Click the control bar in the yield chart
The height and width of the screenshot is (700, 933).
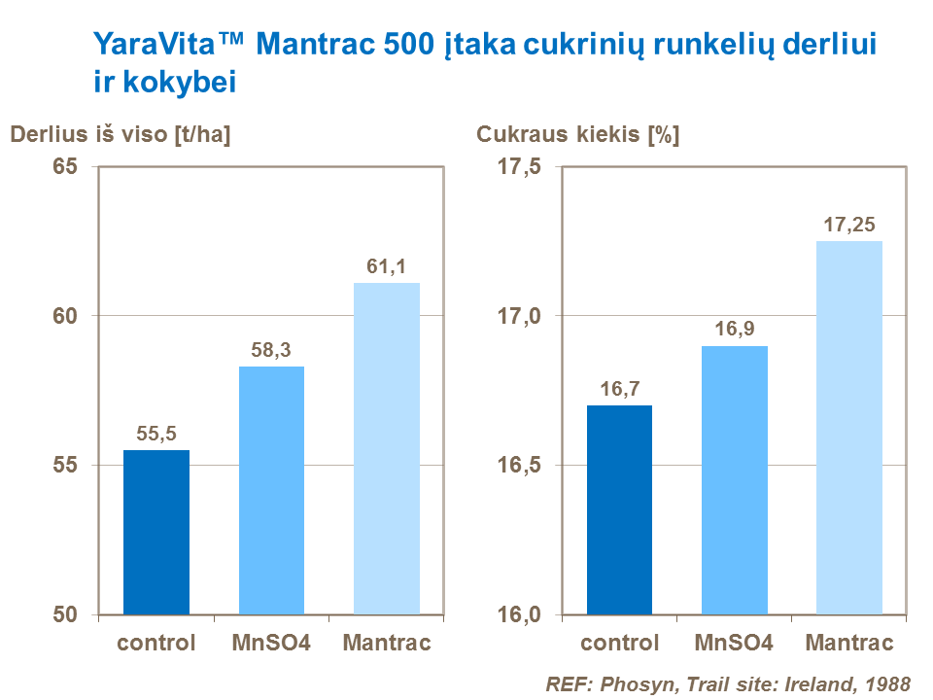coord(156,532)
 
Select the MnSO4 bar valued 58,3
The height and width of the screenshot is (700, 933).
coord(271,490)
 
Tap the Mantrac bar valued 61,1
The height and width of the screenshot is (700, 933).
coord(387,448)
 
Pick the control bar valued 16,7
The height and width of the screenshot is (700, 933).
coord(619,509)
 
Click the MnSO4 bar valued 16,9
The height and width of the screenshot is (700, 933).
coord(735,479)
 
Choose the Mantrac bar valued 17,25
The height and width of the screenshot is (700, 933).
coord(849,428)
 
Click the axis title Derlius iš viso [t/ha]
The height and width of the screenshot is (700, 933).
coord(121,136)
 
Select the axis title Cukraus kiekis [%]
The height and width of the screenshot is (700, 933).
coord(577,136)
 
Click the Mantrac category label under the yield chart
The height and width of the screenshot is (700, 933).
coord(387,644)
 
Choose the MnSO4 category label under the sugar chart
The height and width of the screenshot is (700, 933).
coord(735,644)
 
